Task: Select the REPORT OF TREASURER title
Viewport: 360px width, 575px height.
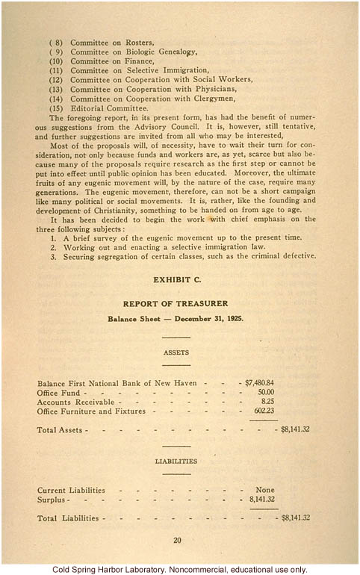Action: tap(179, 303)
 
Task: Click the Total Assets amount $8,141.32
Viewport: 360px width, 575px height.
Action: tap(295, 429)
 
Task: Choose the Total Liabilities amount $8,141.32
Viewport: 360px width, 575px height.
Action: tap(295, 517)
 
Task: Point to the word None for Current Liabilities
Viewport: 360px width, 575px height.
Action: tap(266, 490)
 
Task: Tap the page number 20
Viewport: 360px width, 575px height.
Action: tap(177, 541)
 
